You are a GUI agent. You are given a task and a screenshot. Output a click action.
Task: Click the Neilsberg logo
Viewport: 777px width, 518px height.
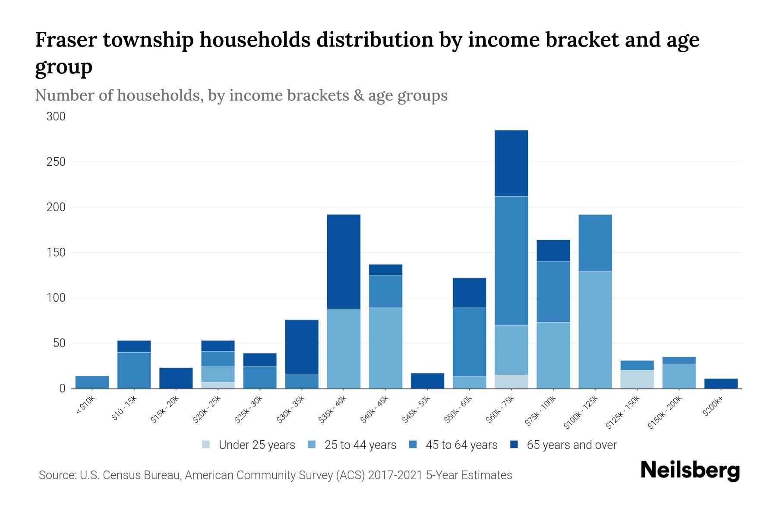tap(690, 471)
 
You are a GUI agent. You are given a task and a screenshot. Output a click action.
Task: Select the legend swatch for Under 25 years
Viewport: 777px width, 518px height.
tap(206, 445)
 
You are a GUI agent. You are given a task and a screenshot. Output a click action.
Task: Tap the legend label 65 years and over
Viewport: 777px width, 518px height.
tap(572, 445)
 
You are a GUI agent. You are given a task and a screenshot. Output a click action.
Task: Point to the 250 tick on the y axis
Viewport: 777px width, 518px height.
tap(56, 162)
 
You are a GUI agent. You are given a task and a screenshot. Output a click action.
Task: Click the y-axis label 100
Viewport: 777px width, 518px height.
tap(56, 298)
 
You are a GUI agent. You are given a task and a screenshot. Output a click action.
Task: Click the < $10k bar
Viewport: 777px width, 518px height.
tap(92, 382)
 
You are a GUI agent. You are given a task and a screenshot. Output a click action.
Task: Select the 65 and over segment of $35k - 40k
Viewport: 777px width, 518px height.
tap(344, 262)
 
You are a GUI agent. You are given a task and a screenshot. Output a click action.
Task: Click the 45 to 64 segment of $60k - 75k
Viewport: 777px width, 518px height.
tap(511, 261)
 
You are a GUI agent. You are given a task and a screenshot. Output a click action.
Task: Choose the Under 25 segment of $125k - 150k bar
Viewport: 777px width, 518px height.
tap(637, 379)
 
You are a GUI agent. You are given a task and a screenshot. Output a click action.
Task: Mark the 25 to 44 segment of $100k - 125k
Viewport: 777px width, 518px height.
tap(595, 330)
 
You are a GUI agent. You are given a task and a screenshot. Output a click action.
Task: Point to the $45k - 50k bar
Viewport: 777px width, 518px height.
tap(427, 381)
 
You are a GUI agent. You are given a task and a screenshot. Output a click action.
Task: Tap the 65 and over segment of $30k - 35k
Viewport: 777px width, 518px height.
tap(302, 347)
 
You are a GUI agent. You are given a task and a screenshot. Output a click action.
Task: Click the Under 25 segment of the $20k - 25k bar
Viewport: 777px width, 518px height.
tap(218, 385)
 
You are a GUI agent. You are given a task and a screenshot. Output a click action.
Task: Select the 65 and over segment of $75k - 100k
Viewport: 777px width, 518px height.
tap(553, 251)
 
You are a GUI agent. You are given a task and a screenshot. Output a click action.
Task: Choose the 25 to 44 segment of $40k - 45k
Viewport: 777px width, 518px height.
tap(385, 348)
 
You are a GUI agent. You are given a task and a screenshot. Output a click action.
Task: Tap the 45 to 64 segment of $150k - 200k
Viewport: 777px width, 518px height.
tap(679, 360)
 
